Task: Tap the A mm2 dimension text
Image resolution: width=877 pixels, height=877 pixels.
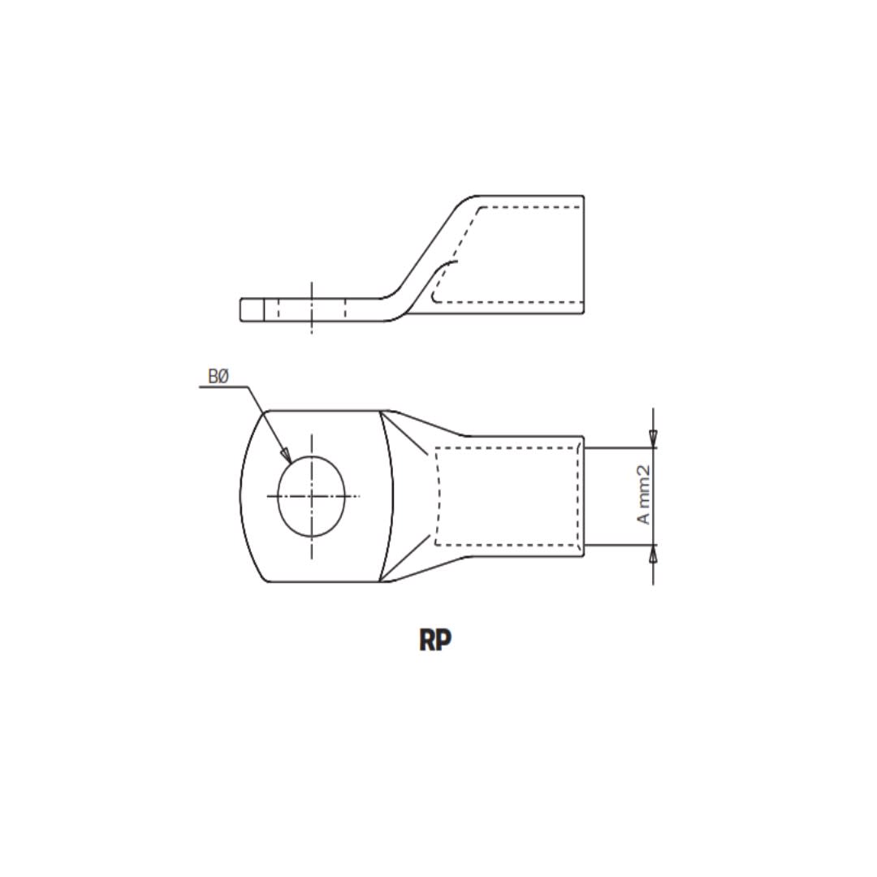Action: click(645, 495)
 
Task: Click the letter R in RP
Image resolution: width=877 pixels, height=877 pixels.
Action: click(427, 640)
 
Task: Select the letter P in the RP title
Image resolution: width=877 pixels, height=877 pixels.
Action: click(443, 640)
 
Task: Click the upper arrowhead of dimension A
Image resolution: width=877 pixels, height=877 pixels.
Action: click(654, 439)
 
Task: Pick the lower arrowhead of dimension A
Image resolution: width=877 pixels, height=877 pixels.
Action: click(654, 553)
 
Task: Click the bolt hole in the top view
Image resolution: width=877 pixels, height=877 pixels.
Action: click(311, 496)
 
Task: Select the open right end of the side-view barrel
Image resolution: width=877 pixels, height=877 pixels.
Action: click(583, 255)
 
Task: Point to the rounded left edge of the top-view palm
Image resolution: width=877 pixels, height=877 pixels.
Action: click(241, 496)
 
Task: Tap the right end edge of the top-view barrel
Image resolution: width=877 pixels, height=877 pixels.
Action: click(583, 496)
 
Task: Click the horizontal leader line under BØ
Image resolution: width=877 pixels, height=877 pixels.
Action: click(223, 387)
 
